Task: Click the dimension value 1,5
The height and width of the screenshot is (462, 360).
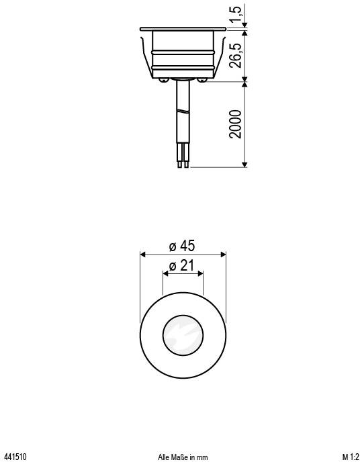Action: [x=234, y=15]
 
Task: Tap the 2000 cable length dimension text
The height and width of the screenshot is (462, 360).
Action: [x=235, y=124]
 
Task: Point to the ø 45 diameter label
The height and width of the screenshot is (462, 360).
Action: [x=182, y=246]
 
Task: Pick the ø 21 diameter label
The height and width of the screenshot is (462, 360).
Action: [x=182, y=266]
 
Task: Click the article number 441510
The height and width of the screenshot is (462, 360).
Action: [x=15, y=457]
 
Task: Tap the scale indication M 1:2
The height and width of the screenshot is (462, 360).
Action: [x=349, y=457]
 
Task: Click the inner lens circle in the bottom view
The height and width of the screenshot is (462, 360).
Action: [x=183, y=333]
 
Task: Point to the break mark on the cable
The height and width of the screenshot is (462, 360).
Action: [x=183, y=109]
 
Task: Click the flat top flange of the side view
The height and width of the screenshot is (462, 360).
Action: [x=183, y=29]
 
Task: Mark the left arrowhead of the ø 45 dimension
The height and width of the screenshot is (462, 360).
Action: [x=142, y=254]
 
